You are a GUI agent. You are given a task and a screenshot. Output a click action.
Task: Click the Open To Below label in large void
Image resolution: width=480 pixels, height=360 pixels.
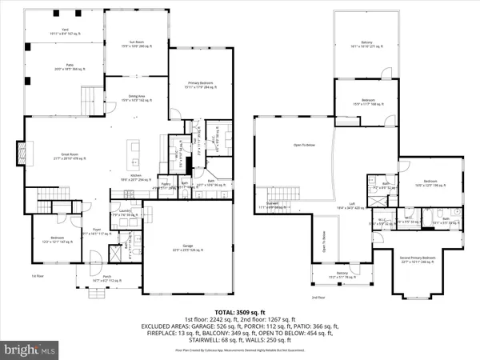pyautogui.click(x=303, y=145)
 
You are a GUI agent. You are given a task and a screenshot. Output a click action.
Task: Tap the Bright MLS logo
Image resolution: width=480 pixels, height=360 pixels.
pyautogui.click(x=32, y=349)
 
